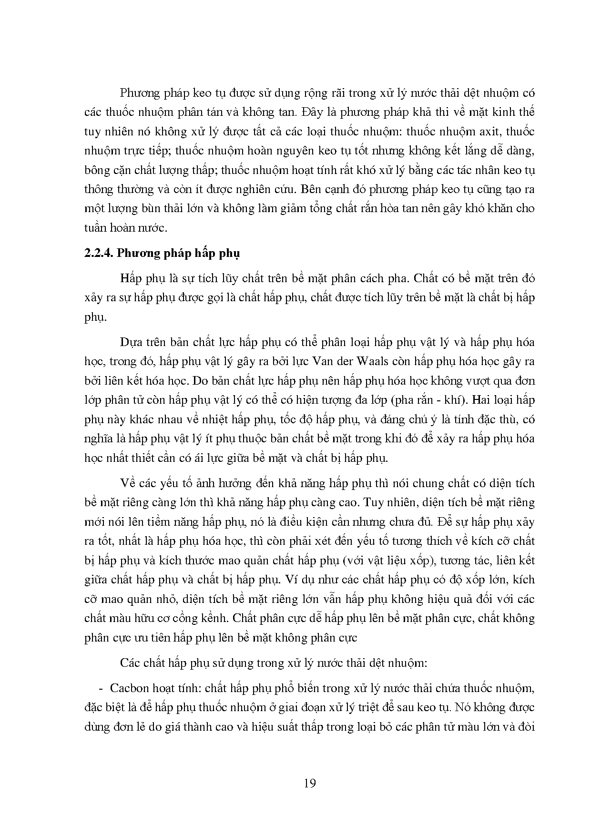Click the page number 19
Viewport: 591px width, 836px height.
[x=309, y=783]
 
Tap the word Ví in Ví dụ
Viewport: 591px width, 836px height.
[x=293, y=580]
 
